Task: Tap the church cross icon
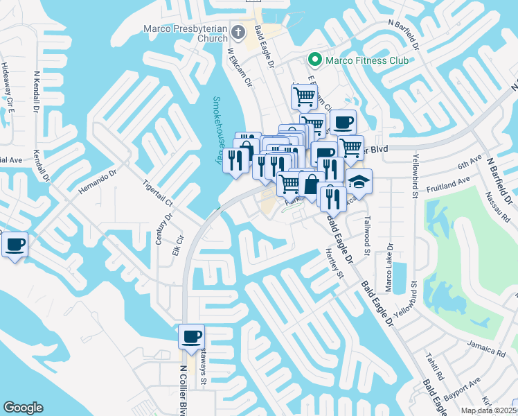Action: [x=238, y=31]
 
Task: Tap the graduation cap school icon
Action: [x=359, y=182]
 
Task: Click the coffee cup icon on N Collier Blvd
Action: [x=191, y=337]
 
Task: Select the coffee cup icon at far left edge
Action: [x=15, y=245]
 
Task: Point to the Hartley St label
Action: [x=334, y=264]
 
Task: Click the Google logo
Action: [x=24, y=408]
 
